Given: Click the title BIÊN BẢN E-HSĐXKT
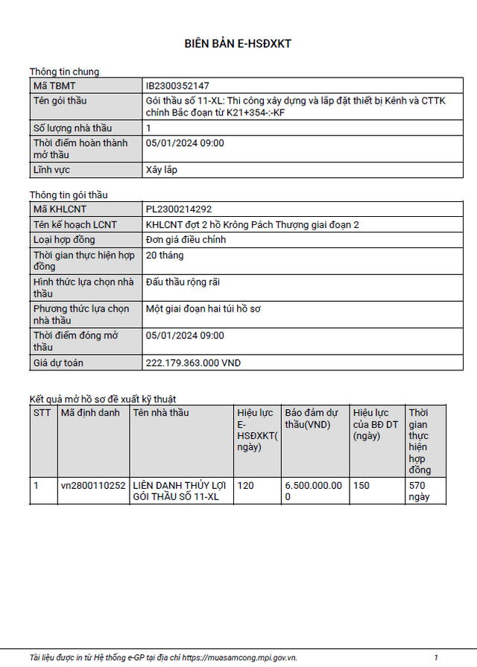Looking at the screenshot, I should point(238,44).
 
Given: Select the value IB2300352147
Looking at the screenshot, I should point(177,86).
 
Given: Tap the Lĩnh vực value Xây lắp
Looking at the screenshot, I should point(162,169).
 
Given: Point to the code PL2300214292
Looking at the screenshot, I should point(179,209).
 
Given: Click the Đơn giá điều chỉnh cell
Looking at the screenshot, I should point(186,240).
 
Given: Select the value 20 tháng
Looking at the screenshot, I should point(165,256).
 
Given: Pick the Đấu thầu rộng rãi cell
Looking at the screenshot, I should point(183,282).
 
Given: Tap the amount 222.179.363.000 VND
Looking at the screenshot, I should point(193,363).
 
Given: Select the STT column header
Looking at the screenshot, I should point(42,413).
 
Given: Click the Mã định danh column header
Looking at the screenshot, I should point(89,413).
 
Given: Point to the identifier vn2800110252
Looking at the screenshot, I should point(93,485).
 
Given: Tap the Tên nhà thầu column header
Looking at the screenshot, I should point(160,413).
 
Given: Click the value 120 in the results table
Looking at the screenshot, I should point(246,485).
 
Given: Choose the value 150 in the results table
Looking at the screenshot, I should point(361,485).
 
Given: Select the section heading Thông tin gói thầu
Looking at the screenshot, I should point(69,195).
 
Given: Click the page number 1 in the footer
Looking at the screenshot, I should point(436,657).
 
